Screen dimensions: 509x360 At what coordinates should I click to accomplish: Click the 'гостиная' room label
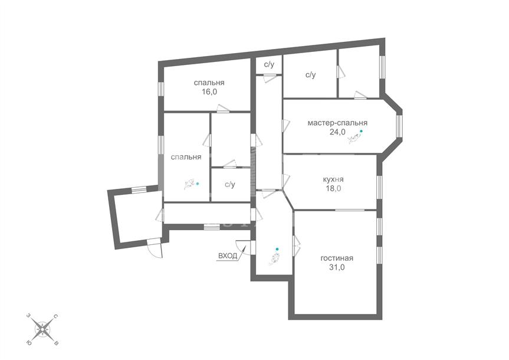pyautogui.click(x=337, y=258)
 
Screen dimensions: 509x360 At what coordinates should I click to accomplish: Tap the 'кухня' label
pyautogui.click(x=333, y=179)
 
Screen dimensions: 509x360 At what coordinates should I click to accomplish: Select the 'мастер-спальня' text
pyautogui.click(x=337, y=123)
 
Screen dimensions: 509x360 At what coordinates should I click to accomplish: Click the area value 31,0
pyautogui.click(x=337, y=267)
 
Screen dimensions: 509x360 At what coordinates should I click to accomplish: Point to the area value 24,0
pyautogui.click(x=337, y=132)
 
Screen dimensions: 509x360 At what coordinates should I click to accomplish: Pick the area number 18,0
pyautogui.click(x=333, y=188)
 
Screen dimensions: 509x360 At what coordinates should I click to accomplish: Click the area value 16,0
pyautogui.click(x=209, y=92)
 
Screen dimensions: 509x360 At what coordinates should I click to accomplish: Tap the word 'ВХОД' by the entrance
pyautogui.click(x=228, y=256)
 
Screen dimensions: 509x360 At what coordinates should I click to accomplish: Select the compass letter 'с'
pyautogui.click(x=55, y=316)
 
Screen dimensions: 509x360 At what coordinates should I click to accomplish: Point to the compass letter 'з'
pyautogui.click(x=28, y=316)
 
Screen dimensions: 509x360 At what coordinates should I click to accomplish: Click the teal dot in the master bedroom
pyautogui.click(x=361, y=131)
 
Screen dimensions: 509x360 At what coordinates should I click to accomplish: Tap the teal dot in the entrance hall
pyautogui.click(x=277, y=249)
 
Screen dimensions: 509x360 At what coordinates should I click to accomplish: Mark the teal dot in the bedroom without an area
pyautogui.click(x=198, y=184)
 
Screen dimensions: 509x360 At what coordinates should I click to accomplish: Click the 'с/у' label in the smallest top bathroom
pyautogui.click(x=269, y=65)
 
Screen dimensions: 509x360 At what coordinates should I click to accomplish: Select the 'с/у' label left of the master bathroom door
pyautogui.click(x=310, y=75)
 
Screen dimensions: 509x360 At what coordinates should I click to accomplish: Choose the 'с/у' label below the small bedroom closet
pyautogui.click(x=230, y=185)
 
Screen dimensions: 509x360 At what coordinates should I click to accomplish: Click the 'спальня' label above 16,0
pyautogui.click(x=209, y=83)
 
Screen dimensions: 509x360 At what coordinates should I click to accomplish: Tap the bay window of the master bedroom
pyautogui.click(x=399, y=125)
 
